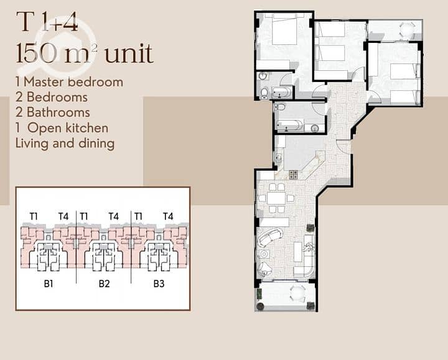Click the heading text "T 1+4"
coord(47,22)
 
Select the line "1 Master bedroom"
coord(70,82)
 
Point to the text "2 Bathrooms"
coord(53,112)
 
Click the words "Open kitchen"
coord(68,128)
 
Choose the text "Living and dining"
coord(65,143)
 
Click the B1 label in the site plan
coord(49,284)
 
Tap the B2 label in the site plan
coord(105,284)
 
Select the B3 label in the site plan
coord(159,284)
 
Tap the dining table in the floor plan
coord(276,198)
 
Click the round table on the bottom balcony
coord(297,293)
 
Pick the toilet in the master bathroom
coord(264,92)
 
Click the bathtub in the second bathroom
coord(289,126)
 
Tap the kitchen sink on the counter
coord(278,157)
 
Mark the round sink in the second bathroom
coord(315,129)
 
